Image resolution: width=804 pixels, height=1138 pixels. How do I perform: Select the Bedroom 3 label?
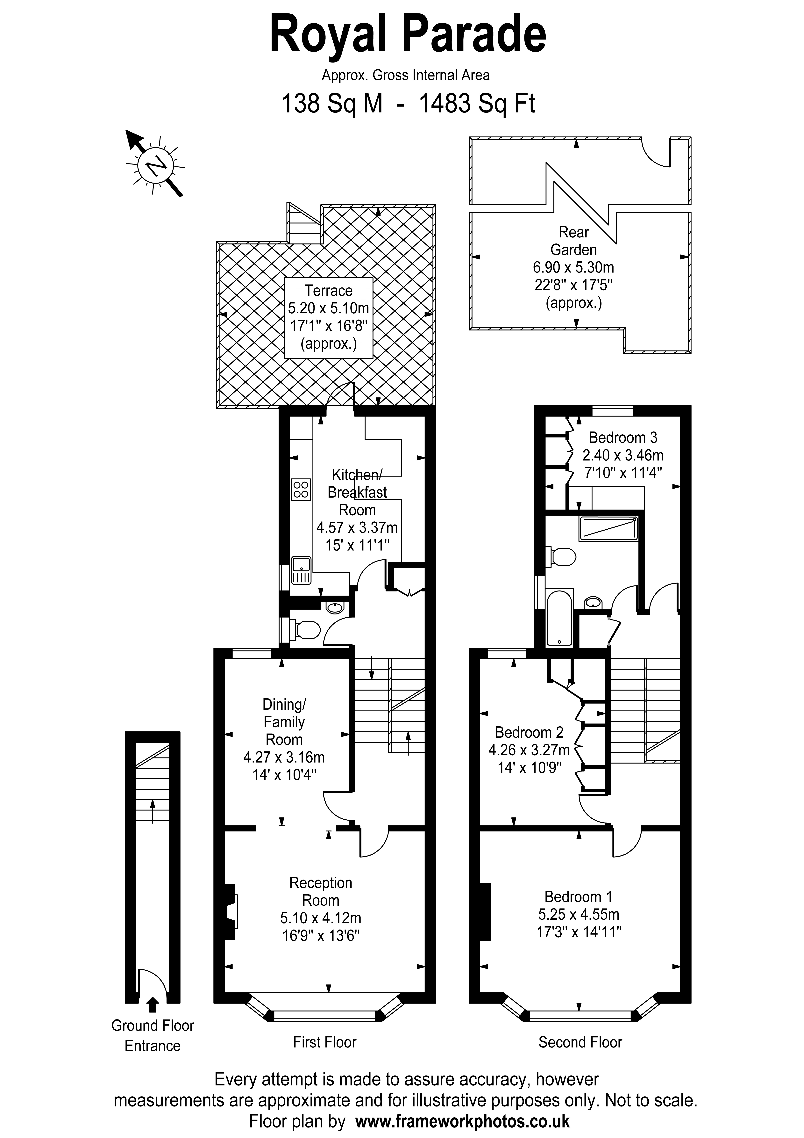[x=623, y=438]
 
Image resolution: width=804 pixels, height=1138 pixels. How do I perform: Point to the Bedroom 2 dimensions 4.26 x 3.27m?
[x=529, y=750]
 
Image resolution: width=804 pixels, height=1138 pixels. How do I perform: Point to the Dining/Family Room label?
[x=284, y=722]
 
